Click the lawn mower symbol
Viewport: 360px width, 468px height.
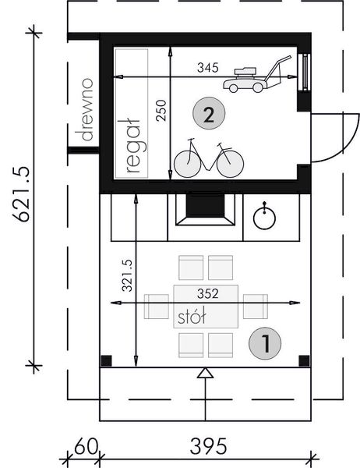click(x=256, y=75)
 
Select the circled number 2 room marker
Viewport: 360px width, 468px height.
click(x=209, y=113)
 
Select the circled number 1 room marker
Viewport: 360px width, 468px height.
click(x=265, y=343)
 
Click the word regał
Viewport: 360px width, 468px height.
click(x=133, y=146)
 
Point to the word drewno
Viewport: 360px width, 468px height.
click(x=86, y=109)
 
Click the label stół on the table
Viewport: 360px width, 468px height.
click(x=192, y=317)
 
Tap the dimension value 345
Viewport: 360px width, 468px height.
click(x=207, y=68)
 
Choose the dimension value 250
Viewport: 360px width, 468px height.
click(x=161, y=111)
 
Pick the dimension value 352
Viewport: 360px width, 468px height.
click(x=207, y=294)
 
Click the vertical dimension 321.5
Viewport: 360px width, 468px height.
click(x=127, y=275)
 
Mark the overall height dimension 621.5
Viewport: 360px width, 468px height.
click(x=21, y=194)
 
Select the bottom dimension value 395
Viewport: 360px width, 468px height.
click(x=208, y=447)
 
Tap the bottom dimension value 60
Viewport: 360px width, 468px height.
click(x=86, y=447)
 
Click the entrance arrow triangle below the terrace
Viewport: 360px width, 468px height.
click(x=205, y=373)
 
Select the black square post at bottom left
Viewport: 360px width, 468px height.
click(x=106, y=360)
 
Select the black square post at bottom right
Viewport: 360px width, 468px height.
click(x=304, y=360)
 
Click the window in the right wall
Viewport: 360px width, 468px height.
click(x=305, y=72)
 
